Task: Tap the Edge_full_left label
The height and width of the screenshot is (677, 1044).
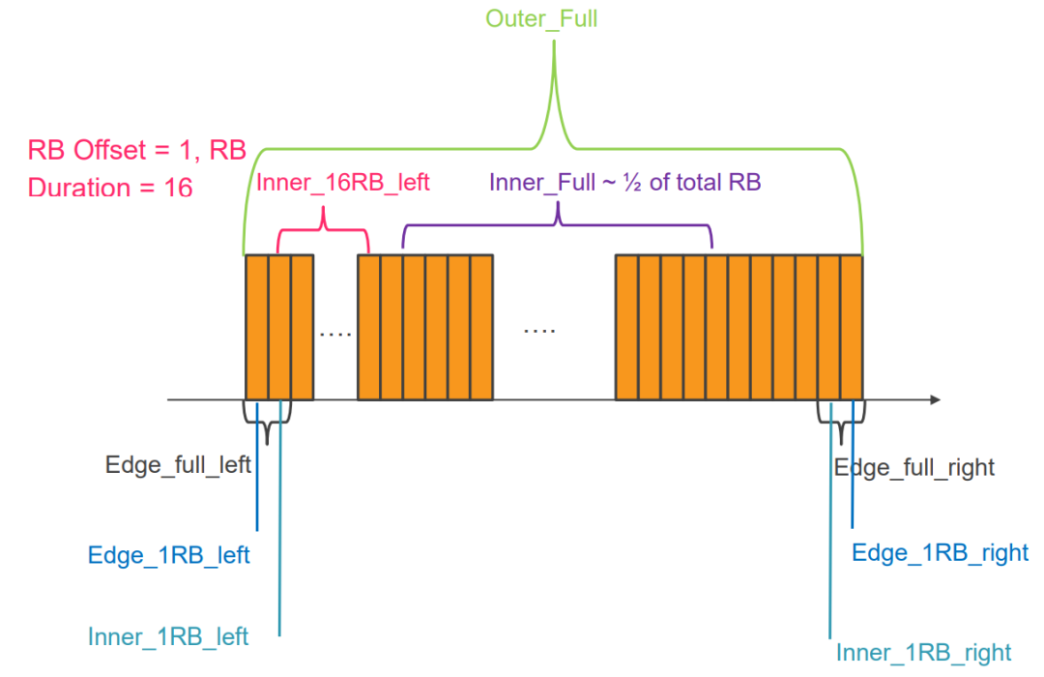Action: pyautogui.click(x=178, y=465)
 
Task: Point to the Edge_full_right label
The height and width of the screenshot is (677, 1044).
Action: pyautogui.click(x=913, y=468)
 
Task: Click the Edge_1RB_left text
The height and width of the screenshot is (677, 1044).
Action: pyautogui.click(x=169, y=556)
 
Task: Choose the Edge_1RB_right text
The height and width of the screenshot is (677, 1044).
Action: pyautogui.click(x=940, y=553)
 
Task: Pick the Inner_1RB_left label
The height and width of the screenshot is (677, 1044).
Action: pyautogui.click(x=168, y=636)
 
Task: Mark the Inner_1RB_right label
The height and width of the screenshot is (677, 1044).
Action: pyautogui.click(x=923, y=652)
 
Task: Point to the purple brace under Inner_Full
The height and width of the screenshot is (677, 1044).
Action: pyautogui.click(x=558, y=225)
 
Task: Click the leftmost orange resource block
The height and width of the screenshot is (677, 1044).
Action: pyautogui.click(x=257, y=327)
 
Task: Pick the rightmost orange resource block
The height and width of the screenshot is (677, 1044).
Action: pyautogui.click(x=851, y=327)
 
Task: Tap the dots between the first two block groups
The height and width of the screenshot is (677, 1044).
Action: pyautogui.click(x=335, y=334)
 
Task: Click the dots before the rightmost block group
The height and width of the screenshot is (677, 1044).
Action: pyautogui.click(x=539, y=330)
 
